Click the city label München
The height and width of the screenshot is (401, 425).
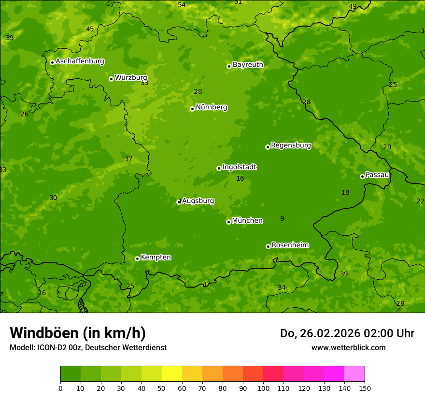pos(247,221)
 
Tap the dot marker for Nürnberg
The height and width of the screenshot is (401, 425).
pos(192,109)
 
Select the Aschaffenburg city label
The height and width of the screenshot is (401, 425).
pos(80,61)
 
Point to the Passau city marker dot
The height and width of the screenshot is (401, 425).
pos(362,176)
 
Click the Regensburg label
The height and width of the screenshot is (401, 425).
pos(291,145)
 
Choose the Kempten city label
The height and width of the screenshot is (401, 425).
pos(156,258)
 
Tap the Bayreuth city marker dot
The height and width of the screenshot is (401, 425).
pos(229,66)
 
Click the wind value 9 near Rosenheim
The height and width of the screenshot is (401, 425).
pos(282,219)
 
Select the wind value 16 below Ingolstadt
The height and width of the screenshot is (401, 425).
pos(240,179)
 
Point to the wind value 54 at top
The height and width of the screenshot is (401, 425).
pos(182,5)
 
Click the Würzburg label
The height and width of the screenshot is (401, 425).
pos(131,78)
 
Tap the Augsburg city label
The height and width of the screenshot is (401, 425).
pos(198,201)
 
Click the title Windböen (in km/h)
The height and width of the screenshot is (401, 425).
pos(78,333)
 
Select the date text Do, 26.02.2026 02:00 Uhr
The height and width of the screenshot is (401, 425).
pos(347,333)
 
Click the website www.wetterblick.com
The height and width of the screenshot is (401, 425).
pos(348,347)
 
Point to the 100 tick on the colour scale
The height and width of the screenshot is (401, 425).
pos(263,388)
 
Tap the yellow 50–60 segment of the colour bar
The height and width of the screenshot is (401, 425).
pos(172,374)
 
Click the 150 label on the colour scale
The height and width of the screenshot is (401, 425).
pos(365,388)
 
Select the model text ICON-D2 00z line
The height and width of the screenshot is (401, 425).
pos(88,347)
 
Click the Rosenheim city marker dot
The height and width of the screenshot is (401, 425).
pos(268,246)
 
